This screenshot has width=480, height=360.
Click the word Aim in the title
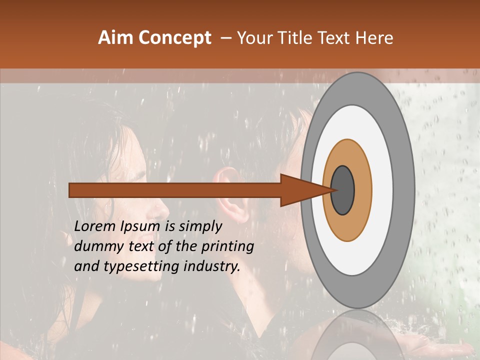click(x=116, y=38)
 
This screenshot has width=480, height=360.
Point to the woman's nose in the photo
click(x=165, y=206)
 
